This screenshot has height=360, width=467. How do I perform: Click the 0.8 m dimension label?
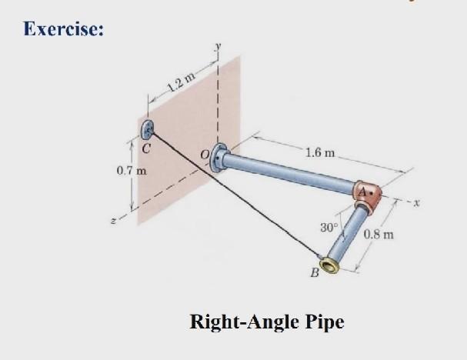[x=379, y=233]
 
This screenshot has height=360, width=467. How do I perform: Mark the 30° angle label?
[x=329, y=228]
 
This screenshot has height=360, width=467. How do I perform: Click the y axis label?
[x=218, y=47]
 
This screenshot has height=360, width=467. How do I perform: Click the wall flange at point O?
[x=219, y=158]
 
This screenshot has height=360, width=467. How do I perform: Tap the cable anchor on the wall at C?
[x=148, y=128]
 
